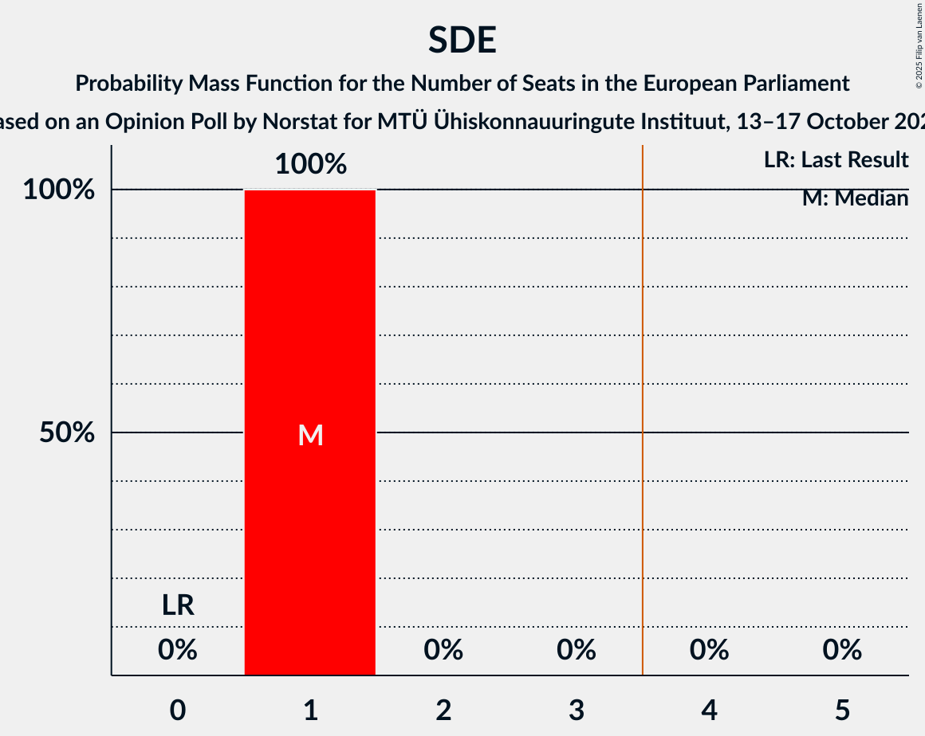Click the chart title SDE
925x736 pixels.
[x=462, y=40]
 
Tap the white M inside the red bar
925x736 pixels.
[x=310, y=435]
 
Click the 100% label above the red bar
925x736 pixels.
[x=310, y=165]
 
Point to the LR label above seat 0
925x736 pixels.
[x=178, y=605]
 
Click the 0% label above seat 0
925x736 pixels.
[x=178, y=650]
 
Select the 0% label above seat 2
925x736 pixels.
[x=443, y=650]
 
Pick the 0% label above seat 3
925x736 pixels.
[x=577, y=650]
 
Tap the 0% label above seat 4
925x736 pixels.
[x=709, y=650]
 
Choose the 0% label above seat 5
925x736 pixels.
[x=842, y=650]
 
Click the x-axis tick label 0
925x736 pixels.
[x=178, y=709]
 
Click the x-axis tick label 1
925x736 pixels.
[x=310, y=709]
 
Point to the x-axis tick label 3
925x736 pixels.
[x=577, y=709]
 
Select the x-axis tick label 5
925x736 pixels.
[x=842, y=709]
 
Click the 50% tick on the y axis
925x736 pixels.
[x=68, y=433]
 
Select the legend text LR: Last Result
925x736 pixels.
[x=836, y=160]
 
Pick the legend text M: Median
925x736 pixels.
[x=855, y=198]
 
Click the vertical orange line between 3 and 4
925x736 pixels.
[x=643, y=398]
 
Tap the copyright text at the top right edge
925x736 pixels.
[x=919, y=44]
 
